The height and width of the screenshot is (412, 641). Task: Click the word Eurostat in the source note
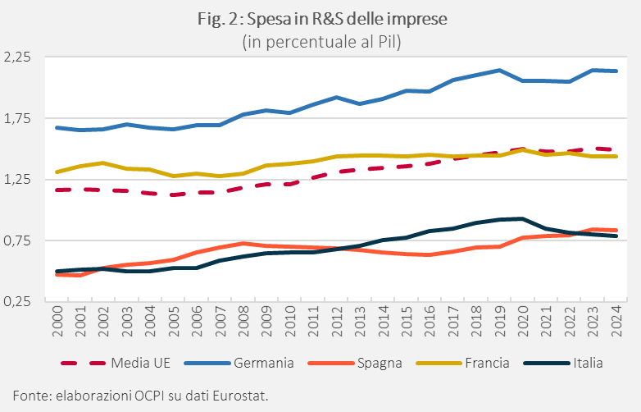(x=241, y=396)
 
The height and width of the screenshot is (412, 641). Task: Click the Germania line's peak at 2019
(x=499, y=71)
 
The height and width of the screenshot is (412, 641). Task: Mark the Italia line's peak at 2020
(x=522, y=218)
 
